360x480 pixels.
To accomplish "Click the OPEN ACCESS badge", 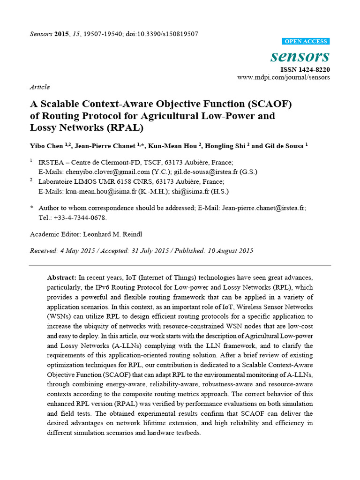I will pyautogui.click(x=307, y=41).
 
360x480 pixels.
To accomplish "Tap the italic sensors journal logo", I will pyautogui.click(x=300, y=57).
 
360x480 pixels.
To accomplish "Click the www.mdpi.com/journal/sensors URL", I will pyautogui.click(x=283, y=77).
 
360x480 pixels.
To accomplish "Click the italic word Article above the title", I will pyautogui.click(x=39, y=87).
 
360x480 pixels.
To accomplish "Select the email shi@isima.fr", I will pyautogui.click(x=198, y=191).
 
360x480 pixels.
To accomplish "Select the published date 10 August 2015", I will pyautogui.click(x=230, y=251).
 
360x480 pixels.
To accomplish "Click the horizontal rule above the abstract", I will pyautogui.click(x=180, y=265).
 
